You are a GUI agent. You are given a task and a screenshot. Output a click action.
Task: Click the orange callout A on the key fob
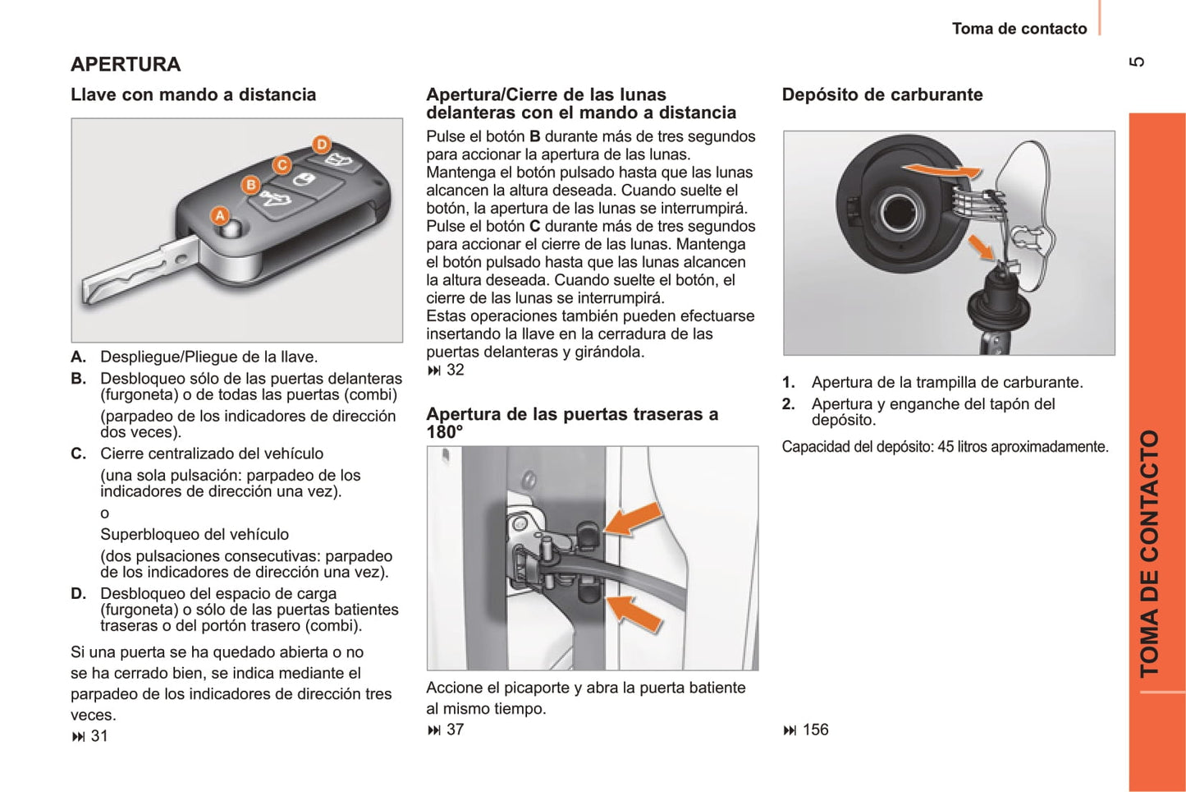(x=220, y=215)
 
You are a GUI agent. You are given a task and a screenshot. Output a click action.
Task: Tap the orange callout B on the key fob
(x=251, y=185)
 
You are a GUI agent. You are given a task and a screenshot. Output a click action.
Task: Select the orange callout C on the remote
(x=282, y=165)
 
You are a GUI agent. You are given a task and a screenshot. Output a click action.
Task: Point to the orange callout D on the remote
(x=322, y=145)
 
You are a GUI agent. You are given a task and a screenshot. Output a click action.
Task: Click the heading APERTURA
(x=126, y=64)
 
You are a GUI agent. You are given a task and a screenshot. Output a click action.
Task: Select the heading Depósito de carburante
(x=882, y=94)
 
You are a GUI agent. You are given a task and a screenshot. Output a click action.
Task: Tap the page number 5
(x=1137, y=62)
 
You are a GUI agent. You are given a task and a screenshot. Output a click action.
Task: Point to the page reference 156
(x=815, y=730)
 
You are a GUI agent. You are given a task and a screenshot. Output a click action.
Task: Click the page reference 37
(x=455, y=730)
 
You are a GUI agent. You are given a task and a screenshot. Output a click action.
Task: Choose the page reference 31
(x=98, y=736)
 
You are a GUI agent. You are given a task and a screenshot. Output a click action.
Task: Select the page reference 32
(x=455, y=370)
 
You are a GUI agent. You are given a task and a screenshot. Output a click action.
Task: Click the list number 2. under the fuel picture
(x=789, y=404)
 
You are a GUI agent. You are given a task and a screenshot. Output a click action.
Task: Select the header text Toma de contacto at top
(x=1019, y=29)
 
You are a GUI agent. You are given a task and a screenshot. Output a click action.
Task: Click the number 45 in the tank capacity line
(x=946, y=447)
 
